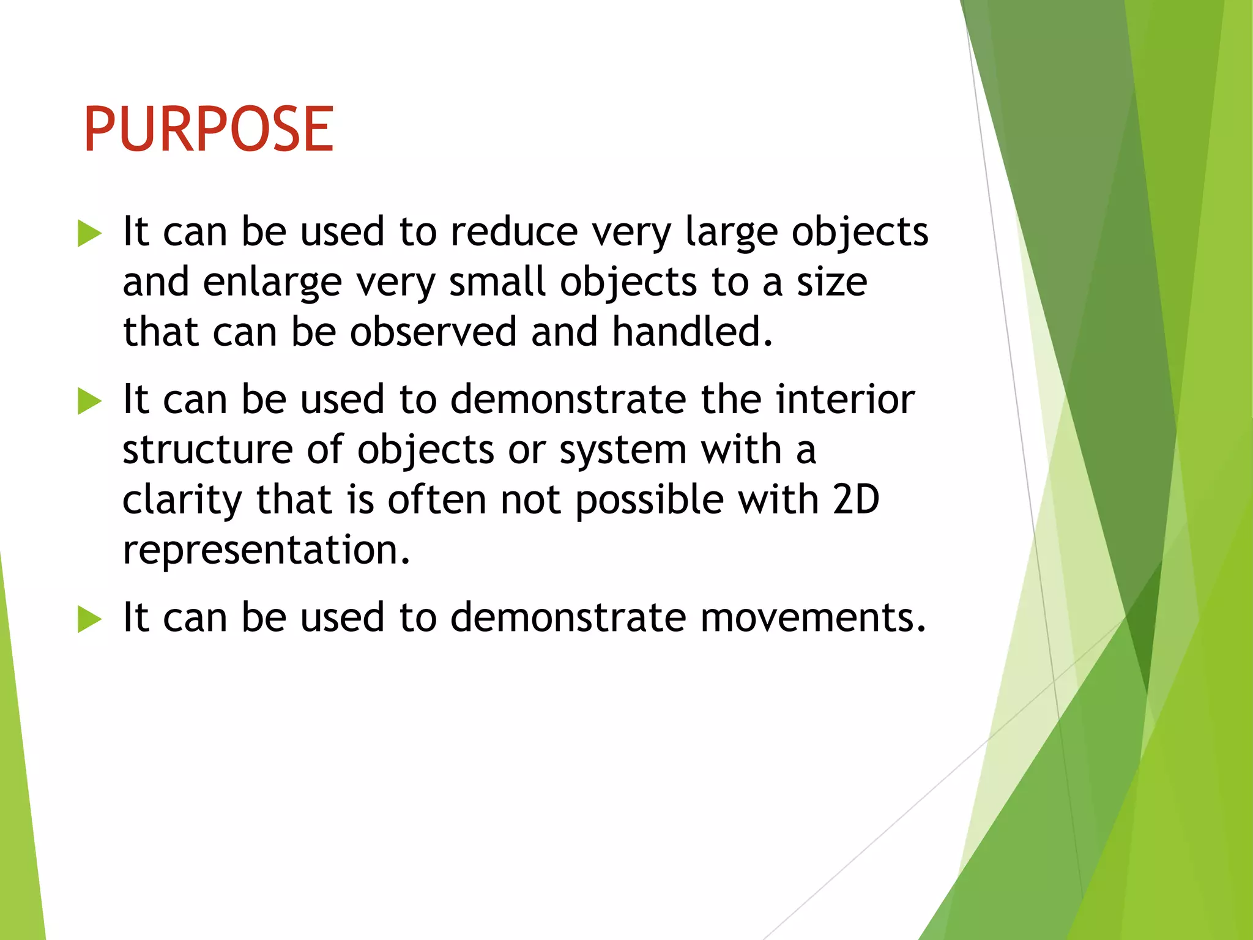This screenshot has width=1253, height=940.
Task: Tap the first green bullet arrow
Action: [x=89, y=234]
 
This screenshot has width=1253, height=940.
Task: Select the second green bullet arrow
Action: [x=89, y=401]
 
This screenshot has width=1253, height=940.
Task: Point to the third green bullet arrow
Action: [x=89, y=619]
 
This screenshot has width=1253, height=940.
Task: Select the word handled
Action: [x=693, y=332]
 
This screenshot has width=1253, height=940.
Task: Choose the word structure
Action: [x=207, y=450]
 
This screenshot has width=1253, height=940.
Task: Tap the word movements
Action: [x=812, y=617]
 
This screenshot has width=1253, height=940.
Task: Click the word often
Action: [x=437, y=499]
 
